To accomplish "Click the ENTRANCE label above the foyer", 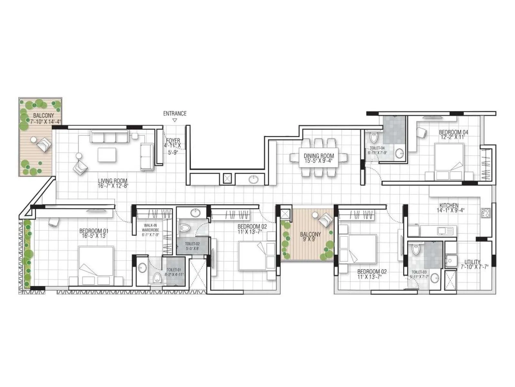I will [x=174, y=114].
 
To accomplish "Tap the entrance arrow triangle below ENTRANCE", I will [x=174, y=120].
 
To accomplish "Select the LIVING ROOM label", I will [x=112, y=181].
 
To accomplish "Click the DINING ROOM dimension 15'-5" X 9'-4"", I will [x=319, y=161].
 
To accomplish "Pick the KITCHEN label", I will [x=449, y=205].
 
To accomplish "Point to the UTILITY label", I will [x=470, y=262].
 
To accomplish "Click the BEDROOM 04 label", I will [x=454, y=132].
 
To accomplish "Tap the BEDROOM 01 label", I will [x=94, y=231].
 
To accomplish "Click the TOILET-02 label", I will [x=192, y=244].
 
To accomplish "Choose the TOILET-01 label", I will [x=174, y=270].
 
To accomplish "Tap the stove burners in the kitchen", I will [x=485, y=212].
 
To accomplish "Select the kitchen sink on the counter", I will [x=445, y=231].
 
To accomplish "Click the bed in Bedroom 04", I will [x=449, y=161].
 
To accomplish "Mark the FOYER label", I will [x=173, y=141].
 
